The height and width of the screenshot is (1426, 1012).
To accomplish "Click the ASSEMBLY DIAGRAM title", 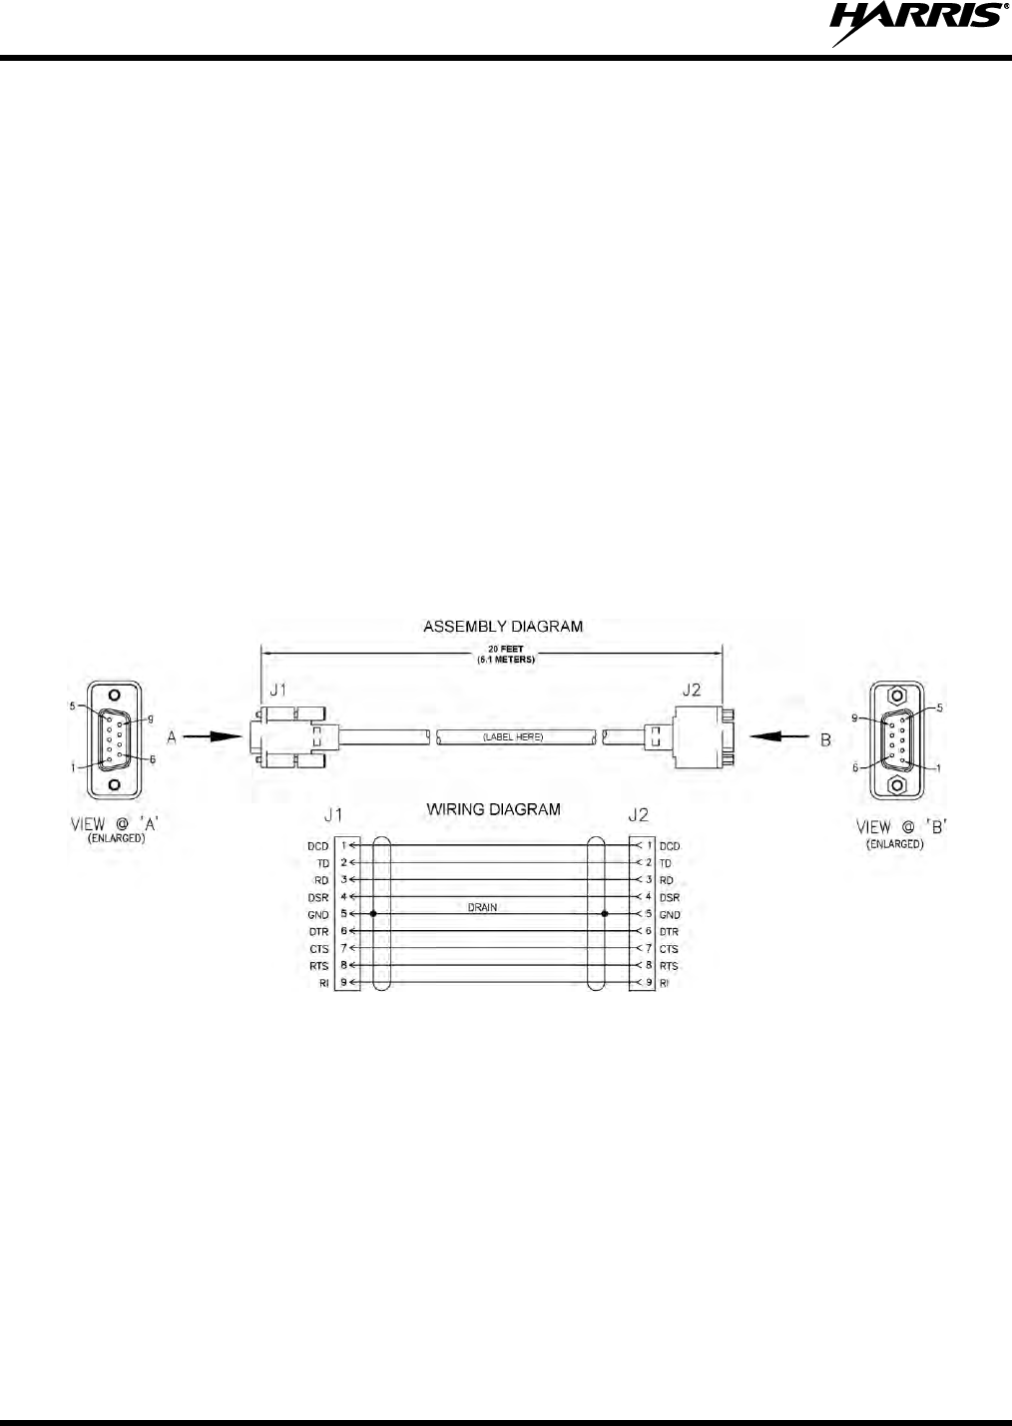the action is pos(503,627).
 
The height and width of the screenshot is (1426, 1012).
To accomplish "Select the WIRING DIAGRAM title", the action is pos(494,809).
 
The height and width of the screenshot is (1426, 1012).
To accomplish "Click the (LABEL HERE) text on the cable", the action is pos(513,736).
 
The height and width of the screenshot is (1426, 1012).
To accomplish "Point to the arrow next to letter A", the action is pos(213,737).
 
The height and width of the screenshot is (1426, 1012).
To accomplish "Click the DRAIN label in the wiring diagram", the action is pos(482,908).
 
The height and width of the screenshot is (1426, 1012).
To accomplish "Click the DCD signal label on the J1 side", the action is pos(317,846).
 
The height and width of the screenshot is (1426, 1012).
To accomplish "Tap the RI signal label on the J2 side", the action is pos(665,984).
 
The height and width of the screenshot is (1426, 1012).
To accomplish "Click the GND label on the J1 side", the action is pos(317,915).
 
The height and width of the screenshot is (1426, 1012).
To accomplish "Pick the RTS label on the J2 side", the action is pos(669,966).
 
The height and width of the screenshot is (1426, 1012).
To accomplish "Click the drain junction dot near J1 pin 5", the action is pos(373,914).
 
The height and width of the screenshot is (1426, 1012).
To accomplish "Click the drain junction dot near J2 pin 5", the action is pos(605,914).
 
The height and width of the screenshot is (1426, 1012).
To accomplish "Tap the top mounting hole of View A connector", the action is pos(114,696).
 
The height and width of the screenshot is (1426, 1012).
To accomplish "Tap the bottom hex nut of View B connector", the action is pos(897,785).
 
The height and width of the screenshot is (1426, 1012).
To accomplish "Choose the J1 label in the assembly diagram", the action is pos(277,690).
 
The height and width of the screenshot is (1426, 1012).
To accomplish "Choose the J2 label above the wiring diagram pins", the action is pos(638,815).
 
